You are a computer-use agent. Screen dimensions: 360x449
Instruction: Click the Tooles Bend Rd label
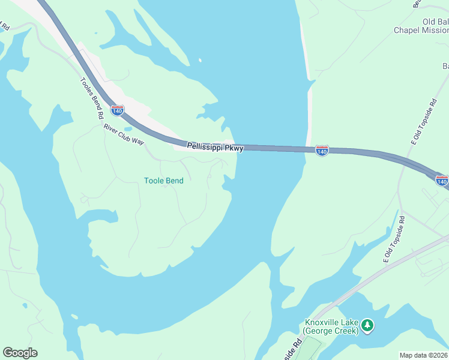pos(92,98)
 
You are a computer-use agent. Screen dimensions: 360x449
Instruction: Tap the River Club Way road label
pos(124,134)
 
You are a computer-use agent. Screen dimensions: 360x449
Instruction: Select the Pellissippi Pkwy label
pos(214,146)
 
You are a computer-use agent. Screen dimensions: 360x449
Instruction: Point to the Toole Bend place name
pos(164,180)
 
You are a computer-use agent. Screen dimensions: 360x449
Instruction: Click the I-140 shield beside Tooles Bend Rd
pos(118,110)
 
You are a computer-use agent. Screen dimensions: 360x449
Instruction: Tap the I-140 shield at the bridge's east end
pos(322,151)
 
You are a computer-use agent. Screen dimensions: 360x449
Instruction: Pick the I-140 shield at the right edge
pos(442,179)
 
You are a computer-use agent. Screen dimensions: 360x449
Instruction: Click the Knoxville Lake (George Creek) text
pos(331,326)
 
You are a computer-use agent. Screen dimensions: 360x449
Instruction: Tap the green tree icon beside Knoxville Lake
pos(367,326)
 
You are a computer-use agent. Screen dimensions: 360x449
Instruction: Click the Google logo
pos(20,353)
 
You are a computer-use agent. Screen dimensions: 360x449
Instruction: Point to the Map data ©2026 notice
pos(424,355)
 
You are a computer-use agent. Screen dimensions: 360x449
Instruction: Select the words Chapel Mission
pos(421,30)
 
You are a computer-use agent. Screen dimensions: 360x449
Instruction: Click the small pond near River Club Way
pos(127,128)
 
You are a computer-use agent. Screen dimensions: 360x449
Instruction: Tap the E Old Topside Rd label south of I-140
pos(395,239)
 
